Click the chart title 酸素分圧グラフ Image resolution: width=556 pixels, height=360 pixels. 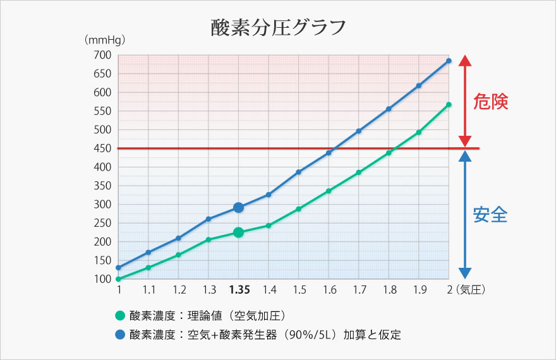coord(278,28)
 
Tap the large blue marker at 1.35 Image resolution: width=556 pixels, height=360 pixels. coord(238,207)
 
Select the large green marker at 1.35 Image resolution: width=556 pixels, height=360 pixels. coord(238,232)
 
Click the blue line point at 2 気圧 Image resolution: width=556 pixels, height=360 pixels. coord(449,61)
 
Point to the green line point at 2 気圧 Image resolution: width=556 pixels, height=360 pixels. coord(449,105)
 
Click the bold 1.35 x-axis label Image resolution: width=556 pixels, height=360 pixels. coord(239,290)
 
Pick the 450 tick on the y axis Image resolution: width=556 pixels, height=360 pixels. coord(103,148)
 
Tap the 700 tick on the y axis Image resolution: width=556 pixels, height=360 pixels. coord(103,56)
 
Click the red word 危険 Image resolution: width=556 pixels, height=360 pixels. coord(490,102)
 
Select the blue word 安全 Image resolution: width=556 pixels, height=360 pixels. coord(490,215)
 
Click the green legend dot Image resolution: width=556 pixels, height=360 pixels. coord(119,316)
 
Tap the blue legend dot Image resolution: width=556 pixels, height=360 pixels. coord(119,334)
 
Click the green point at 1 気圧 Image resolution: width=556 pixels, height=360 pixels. coord(118,279)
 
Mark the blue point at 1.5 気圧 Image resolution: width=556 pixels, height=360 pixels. coord(299,172)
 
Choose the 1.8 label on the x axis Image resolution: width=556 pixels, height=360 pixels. coord(389,290)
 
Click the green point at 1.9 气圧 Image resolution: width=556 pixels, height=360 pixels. coord(418,132)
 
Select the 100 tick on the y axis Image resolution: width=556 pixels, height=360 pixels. coord(103,279)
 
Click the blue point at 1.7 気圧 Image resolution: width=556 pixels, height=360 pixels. coord(359,131)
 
